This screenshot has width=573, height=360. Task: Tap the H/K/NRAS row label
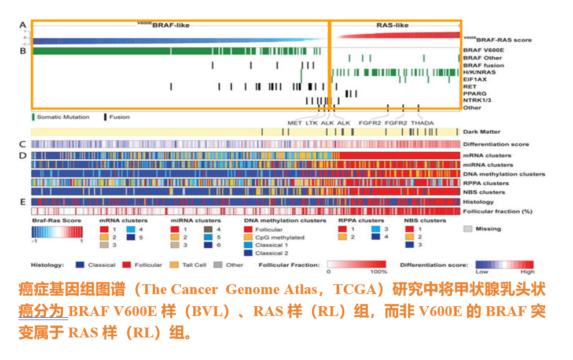point(479,72)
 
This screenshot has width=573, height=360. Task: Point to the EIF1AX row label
point(475,79)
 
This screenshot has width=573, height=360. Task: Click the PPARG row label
point(475,93)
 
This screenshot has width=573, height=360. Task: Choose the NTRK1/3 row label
point(477,100)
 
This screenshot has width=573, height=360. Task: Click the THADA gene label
point(422,123)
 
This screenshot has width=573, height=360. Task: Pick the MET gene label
point(295,123)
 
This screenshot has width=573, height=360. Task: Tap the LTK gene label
point(312,123)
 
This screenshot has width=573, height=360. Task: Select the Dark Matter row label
point(482,132)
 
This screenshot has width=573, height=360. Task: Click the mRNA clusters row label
point(487,156)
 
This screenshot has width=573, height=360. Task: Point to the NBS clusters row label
point(484,192)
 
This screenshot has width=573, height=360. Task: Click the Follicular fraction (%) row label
point(497,211)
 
